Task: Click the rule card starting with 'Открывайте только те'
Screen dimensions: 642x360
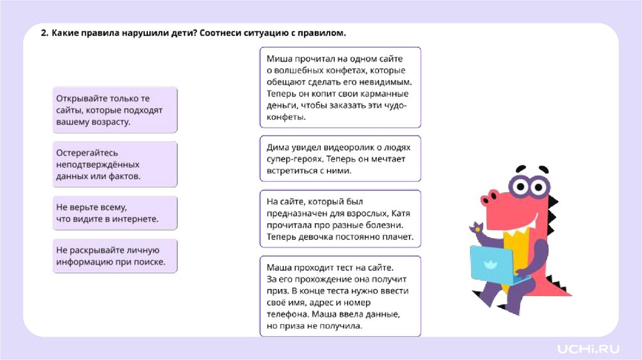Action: [x=115, y=110]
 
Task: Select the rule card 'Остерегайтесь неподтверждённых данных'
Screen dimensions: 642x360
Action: [x=115, y=164]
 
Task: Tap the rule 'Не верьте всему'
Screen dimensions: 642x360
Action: [x=115, y=213]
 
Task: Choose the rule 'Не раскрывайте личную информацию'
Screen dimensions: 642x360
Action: [x=115, y=256]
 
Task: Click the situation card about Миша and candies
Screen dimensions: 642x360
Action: [x=340, y=87]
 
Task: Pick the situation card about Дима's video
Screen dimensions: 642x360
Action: [x=340, y=159]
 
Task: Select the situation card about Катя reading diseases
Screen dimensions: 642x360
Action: [x=340, y=219]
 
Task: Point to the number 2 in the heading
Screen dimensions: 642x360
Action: [x=44, y=33]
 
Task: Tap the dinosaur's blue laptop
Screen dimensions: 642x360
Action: [x=492, y=263]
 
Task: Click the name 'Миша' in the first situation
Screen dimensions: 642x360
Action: [x=278, y=58]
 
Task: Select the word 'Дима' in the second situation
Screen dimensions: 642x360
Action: [x=278, y=147]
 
